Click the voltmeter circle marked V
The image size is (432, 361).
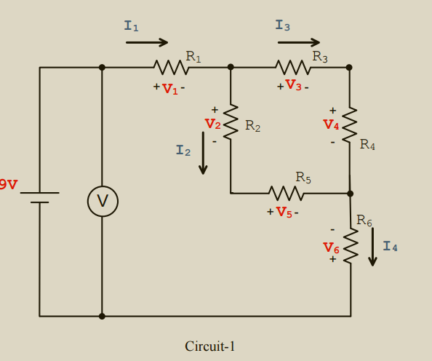point(103,202)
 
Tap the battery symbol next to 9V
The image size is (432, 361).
point(40,197)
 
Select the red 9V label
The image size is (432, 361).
point(8,185)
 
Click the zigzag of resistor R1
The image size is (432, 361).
point(172,68)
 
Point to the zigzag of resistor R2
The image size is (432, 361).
point(231,122)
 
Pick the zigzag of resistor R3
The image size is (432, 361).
point(294,68)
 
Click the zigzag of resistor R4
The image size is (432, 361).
point(349,124)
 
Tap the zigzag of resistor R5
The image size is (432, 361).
point(286,194)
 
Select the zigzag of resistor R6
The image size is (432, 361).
point(351,246)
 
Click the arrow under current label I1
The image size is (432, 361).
point(147,42)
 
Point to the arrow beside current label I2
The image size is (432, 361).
point(203,153)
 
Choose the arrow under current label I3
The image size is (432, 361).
point(299,42)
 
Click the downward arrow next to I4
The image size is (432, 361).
point(372,247)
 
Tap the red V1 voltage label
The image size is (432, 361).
point(169,89)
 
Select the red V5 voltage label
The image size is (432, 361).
point(284,213)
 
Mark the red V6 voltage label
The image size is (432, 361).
point(331,248)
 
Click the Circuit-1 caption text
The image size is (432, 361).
point(210,346)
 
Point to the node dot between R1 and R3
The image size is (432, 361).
point(231,67)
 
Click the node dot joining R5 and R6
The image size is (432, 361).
point(350,194)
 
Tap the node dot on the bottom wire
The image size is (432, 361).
point(102,316)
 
